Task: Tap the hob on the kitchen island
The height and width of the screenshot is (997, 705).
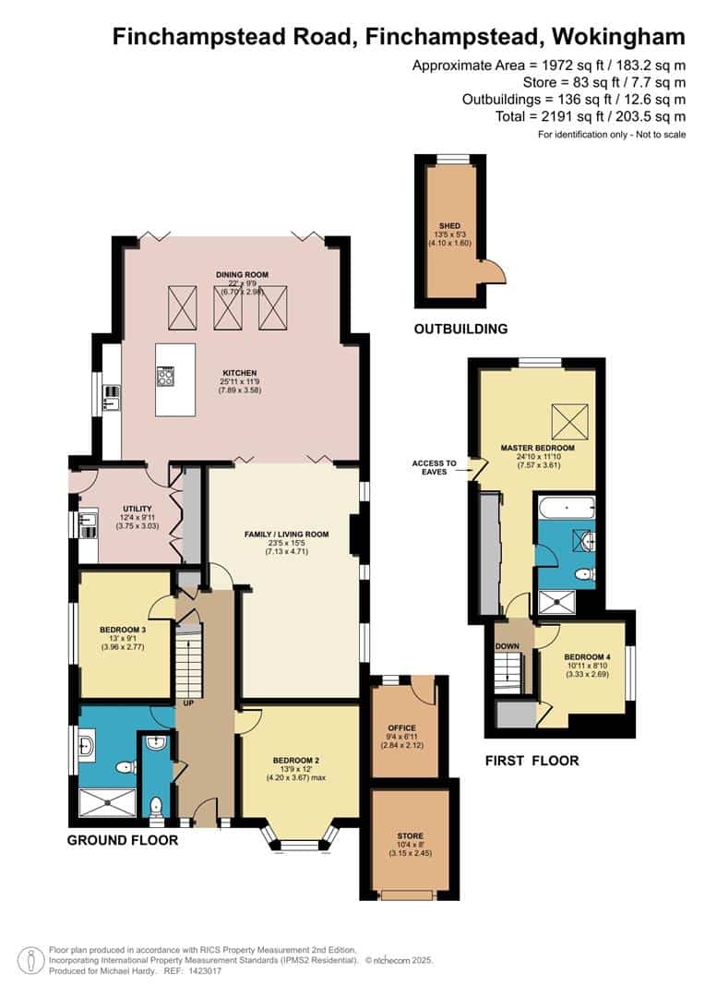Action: point(167,377)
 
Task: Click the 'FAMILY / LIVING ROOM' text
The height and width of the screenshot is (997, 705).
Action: point(286,535)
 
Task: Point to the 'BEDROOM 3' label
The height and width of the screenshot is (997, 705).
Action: point(122,631)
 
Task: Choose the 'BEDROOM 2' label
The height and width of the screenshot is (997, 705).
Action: point(296,761)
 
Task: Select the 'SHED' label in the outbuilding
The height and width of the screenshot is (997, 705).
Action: point(448,224)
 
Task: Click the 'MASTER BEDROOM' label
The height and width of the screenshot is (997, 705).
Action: point(537,448)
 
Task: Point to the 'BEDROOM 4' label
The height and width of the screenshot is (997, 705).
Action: point(587,657)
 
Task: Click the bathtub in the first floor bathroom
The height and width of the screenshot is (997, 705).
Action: point(566,507)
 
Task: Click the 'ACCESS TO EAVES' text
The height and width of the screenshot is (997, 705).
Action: point(434,467)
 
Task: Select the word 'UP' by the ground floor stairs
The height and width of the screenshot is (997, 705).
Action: point(187,703)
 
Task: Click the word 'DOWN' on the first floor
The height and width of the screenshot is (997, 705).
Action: point(508,646)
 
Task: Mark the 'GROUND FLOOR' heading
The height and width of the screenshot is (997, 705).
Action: point(123,841)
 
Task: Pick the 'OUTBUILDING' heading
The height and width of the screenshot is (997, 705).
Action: point(460,329)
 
